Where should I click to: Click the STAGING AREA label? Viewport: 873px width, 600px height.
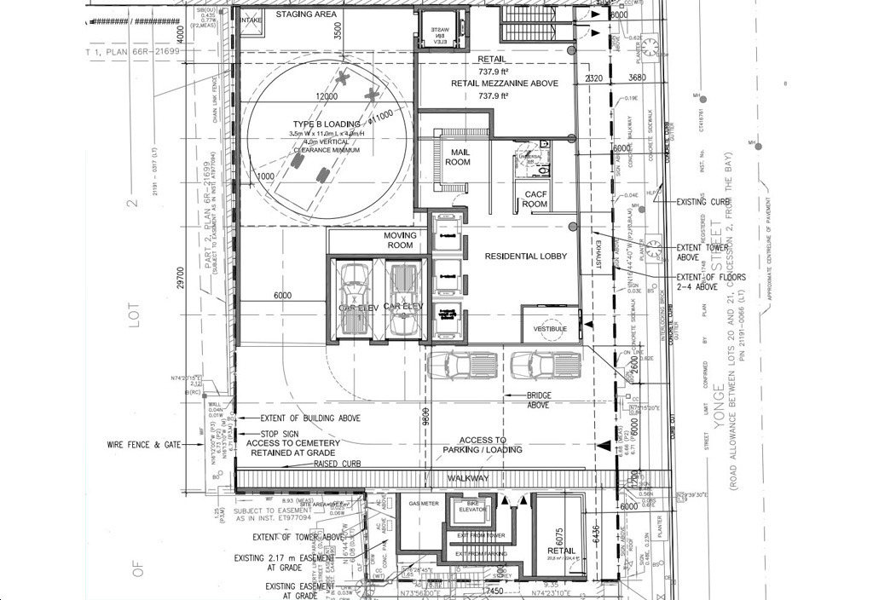(306, 14)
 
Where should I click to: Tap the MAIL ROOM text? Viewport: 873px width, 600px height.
(458, 157)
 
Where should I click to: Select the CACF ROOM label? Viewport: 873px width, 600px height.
(535, 199)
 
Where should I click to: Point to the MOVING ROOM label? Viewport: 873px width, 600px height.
(400, 240)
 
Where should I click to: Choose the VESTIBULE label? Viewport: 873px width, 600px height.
(550, 328)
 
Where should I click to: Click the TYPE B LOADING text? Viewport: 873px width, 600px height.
(326, 124)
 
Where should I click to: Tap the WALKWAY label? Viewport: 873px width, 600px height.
(468, 479)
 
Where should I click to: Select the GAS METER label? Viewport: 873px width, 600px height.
(424, 504)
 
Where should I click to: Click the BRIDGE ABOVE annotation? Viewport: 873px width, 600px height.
(538, 401)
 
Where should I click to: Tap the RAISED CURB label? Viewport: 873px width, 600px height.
(338, 464)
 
